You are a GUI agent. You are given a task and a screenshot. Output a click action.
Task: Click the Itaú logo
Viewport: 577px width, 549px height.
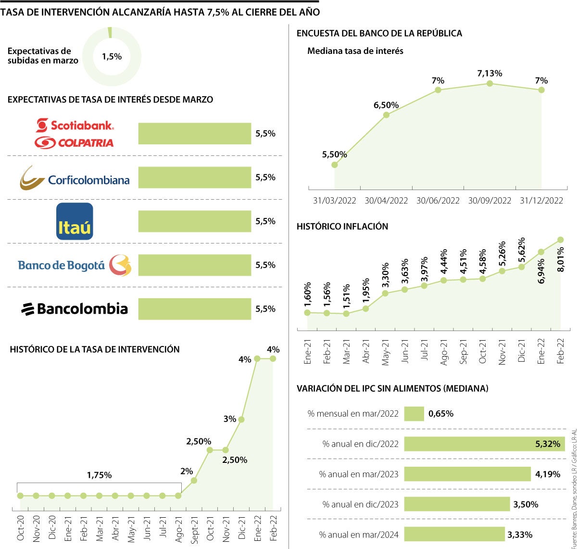tap(75, 221)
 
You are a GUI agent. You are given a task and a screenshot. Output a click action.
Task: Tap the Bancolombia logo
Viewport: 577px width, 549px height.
tap(75, 309)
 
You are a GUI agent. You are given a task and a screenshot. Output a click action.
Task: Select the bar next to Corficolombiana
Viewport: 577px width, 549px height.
tap(194, 178)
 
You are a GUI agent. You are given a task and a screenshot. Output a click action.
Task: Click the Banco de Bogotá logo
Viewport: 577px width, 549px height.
tap(75, 265)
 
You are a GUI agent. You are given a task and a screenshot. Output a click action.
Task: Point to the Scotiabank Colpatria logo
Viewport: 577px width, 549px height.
tap(75, 133)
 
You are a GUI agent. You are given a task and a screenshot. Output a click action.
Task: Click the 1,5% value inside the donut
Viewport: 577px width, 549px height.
tap(112, 57)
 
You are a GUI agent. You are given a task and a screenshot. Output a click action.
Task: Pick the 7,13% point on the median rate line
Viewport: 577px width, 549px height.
tap(489, 83)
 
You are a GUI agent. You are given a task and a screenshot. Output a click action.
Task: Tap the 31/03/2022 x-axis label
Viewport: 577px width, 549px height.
tap(334, 201)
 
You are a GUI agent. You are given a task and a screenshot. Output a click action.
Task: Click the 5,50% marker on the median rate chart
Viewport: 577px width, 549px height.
tap(335, 165)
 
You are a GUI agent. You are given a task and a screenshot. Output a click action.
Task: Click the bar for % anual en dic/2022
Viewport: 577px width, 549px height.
tap(484, 444)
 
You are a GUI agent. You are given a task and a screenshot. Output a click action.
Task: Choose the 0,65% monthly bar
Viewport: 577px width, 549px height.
tap(414, 414)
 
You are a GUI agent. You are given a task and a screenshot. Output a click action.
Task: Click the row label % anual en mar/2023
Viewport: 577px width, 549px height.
tap(359, 474)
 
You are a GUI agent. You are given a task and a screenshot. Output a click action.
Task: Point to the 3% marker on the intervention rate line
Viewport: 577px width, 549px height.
tap(241, 420)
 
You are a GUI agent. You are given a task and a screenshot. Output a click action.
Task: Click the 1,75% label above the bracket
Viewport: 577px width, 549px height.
tap(99, 475)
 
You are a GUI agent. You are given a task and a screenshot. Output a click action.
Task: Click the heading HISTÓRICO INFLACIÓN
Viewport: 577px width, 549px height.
tap(342, 227)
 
